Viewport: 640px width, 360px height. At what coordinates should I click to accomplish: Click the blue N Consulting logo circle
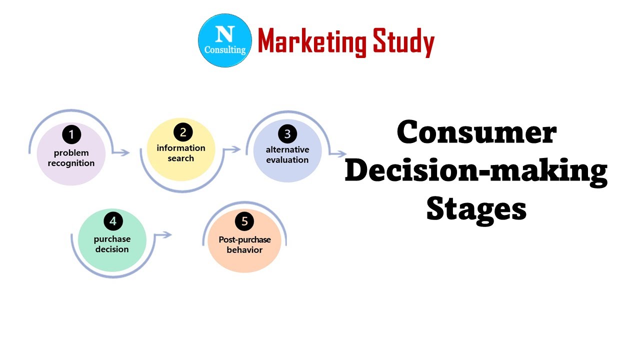224,40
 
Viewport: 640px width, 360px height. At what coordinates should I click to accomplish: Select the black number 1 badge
71,134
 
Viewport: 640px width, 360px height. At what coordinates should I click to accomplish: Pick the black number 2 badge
183,132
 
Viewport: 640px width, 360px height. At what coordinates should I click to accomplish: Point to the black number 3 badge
287,134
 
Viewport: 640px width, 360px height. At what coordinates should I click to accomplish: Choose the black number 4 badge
113,221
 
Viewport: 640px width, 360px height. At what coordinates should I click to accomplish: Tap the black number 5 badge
244,221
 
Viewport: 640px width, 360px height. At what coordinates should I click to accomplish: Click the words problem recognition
71,158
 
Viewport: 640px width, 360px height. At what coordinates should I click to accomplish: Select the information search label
181,153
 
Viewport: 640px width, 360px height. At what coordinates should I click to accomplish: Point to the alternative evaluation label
287,154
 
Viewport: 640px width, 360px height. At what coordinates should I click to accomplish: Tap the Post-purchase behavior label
244,244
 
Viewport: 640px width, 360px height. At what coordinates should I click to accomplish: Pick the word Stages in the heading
476,208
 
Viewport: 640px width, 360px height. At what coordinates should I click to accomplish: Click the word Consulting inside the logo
225,50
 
